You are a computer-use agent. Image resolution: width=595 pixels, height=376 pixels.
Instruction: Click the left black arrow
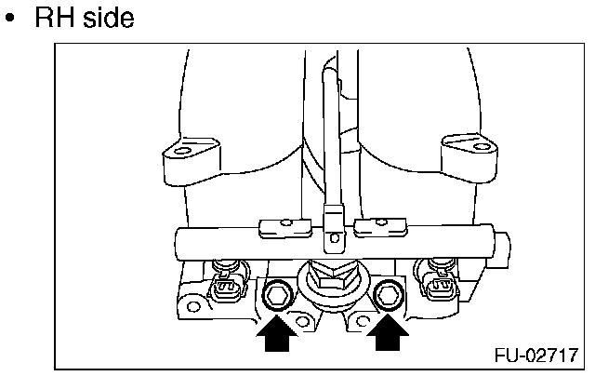click(275, 334)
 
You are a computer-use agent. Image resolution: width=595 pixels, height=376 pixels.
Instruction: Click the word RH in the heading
click(58, 18)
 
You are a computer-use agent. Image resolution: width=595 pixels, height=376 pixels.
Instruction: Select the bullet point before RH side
click(14, 20)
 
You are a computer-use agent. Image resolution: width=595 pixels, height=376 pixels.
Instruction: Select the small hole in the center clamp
click(330, 239)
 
